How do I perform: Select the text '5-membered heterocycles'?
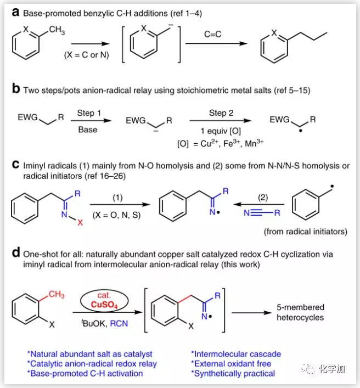[x=300, y=312]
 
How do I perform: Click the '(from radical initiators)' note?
[x=305, y=232]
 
